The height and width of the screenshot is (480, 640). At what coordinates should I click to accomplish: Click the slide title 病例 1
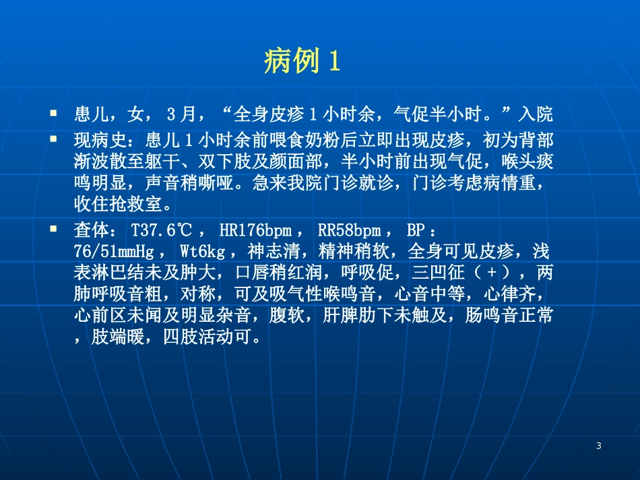click(302, 62)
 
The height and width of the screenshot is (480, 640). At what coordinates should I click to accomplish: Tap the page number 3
click(599, 446)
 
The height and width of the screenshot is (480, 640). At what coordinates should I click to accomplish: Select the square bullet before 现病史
click(53, 139)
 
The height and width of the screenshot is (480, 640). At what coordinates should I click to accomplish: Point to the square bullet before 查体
click(53, 229)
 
